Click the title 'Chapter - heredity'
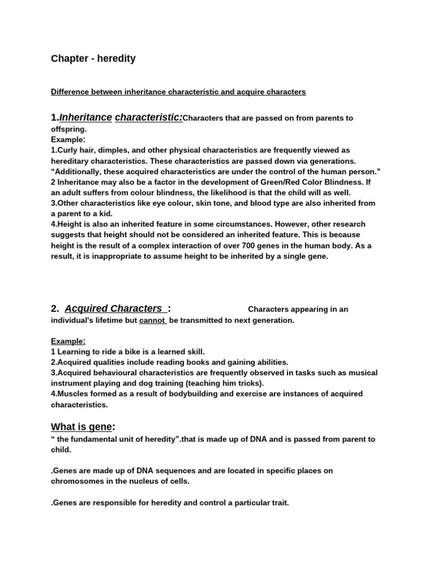(x=93, y=59)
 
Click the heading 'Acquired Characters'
(x=113, y=308)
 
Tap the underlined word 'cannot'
(x=152, y=320)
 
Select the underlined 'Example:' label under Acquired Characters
(x=68, y=341)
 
